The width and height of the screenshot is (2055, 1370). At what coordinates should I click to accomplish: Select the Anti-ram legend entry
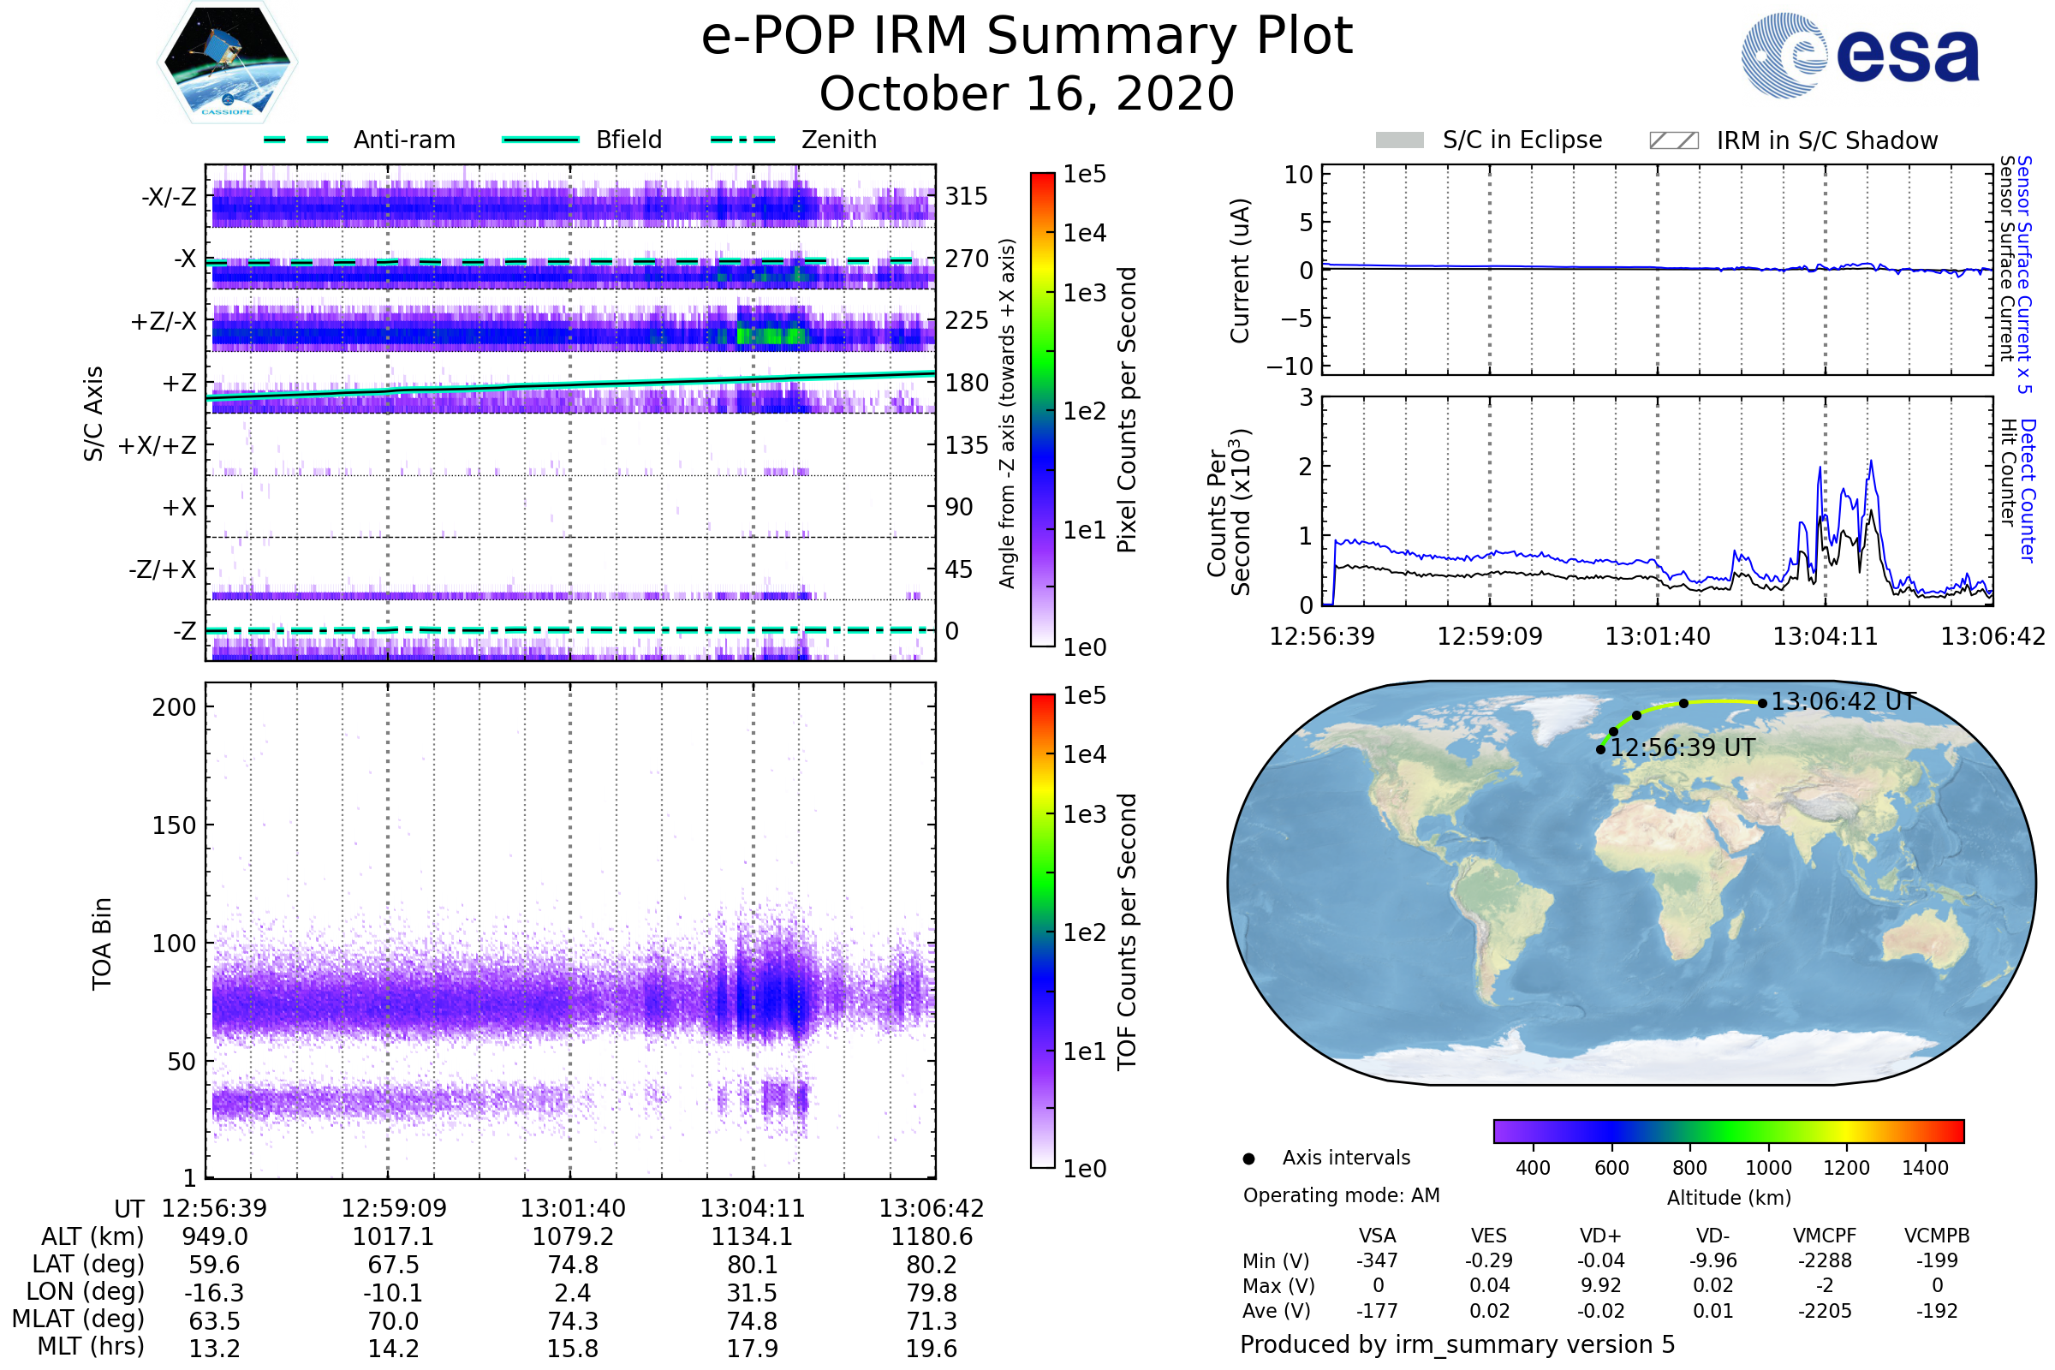tap(403, 140)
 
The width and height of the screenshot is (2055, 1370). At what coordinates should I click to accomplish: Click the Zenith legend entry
tap(838, 140)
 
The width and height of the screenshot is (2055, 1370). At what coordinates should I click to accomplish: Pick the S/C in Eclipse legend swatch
tap(1400, 140)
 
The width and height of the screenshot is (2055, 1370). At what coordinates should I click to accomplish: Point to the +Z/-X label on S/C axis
tap(164, 322)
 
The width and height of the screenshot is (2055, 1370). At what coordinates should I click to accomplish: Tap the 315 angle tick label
tap(966, 196)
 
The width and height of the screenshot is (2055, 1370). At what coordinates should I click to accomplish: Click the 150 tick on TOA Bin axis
tap(174, 825)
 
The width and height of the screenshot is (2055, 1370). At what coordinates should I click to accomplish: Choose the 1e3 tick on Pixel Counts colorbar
tap(1084, 293)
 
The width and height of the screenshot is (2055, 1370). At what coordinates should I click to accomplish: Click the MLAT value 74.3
tap(572, 1320)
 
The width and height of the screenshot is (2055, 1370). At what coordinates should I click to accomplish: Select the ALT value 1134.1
tap(752, 1236)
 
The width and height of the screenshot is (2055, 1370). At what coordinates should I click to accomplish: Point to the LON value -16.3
tap(214, 1292)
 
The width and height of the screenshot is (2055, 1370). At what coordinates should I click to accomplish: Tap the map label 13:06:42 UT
tap(1843, 701)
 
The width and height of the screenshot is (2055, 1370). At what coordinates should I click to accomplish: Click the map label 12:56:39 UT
tap(1682, 748)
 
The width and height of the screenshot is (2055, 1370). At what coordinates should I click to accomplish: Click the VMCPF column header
tap(1825, 1236)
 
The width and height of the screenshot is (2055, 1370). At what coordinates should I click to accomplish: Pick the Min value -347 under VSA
tap(1377, 1260)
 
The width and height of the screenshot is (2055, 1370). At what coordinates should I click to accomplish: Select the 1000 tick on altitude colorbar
tap(1767, 1168)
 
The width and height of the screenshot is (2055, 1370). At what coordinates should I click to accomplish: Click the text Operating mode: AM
tap(1341, 1195)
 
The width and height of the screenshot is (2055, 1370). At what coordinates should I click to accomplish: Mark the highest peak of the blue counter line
tap(1871, 462)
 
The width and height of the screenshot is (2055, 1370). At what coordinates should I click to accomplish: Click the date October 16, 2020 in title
tap(1027, 93)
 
